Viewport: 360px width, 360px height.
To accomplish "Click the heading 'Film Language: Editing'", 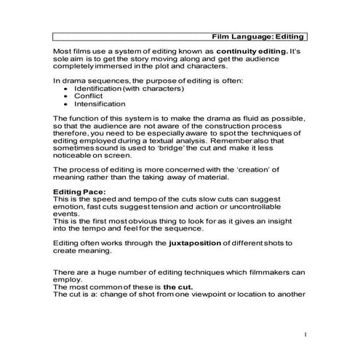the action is click(257, 36).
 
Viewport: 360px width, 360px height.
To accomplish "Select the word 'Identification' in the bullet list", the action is click(102, 88).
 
